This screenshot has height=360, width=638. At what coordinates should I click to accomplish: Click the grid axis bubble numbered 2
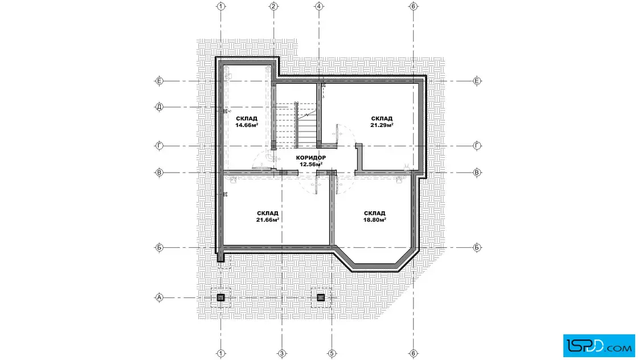[x=273, y=6]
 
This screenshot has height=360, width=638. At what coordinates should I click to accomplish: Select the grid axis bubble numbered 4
[x=319, y=6]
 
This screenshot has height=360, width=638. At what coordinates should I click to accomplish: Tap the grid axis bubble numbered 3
[x=281, y=354]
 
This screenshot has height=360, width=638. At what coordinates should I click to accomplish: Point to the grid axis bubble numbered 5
[x=332, y=354]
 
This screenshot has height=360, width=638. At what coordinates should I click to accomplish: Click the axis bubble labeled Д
[x=159, y=108]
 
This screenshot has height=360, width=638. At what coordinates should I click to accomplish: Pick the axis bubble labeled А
[x=159, y=298]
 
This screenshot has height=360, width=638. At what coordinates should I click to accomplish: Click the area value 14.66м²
[x=247, y=125]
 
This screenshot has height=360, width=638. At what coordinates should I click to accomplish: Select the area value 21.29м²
[x=382, y=125]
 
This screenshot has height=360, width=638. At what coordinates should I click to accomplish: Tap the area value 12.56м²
[x=311, y=165]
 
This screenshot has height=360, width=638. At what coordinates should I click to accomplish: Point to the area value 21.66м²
[x=267, y=220]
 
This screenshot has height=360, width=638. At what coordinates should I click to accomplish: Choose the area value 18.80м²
[x=375, y=220]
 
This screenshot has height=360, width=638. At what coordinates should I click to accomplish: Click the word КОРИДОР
[x=311, y=158]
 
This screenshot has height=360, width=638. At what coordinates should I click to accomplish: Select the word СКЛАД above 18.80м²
[x=375, y=213]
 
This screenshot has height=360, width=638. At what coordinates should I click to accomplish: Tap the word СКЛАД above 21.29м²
[x=382, y=119]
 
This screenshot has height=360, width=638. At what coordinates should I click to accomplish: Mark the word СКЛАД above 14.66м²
[x=247, y=119]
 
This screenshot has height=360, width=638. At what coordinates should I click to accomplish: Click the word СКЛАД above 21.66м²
[x=267, y=213]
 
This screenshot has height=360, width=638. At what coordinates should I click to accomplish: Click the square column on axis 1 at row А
[x=220, y=298]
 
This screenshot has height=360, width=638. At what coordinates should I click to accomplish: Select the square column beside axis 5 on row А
[x=321, y=298]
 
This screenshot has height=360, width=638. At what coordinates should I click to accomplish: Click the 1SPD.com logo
[x=599, y=346]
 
